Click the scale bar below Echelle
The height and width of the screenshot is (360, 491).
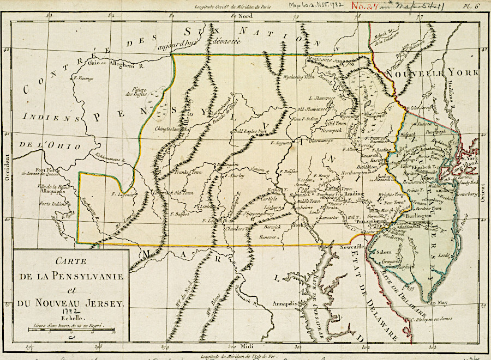click(x=71, y=330)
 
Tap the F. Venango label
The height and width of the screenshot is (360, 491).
click(x=82, y=78)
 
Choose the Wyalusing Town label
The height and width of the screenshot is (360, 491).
click(x=300, y=77)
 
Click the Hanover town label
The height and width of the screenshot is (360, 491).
click(x=269, y=236)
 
